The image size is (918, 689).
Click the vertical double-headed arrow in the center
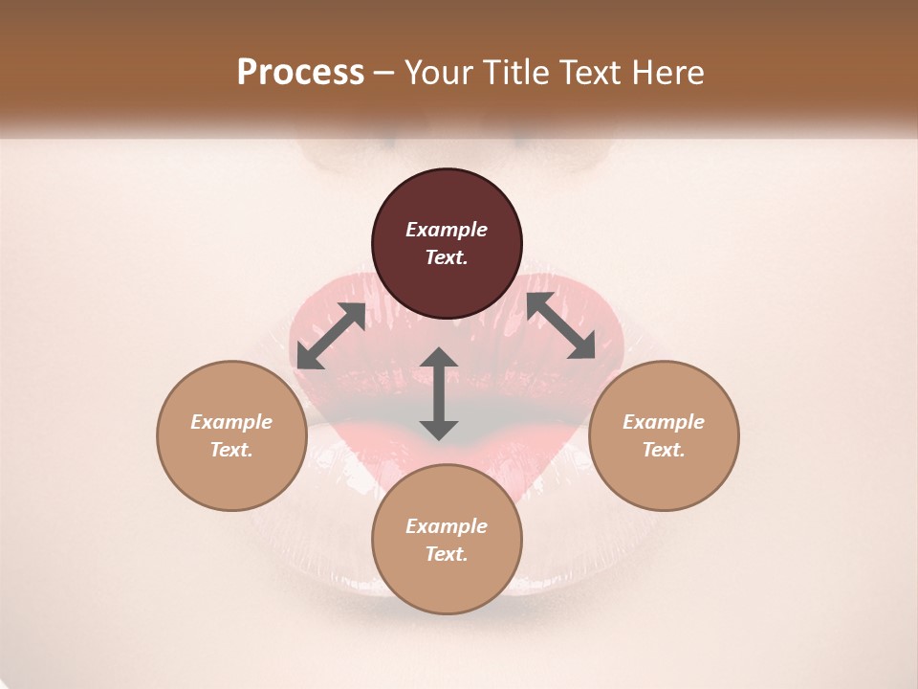pos(439,393)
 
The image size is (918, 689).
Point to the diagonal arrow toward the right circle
pos(560,325)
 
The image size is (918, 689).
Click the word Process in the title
pos(300,72)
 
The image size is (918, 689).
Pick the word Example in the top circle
pos(447,230)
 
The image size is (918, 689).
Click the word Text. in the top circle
pos(447,257)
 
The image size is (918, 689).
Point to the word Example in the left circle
pos(231,422)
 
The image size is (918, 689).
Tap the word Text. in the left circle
pos(231,450)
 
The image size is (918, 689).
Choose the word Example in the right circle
pos(664,422)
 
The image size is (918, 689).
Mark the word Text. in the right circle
pos(664,450)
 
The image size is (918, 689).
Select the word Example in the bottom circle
pos(447,526)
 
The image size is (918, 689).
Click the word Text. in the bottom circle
pos(447,554)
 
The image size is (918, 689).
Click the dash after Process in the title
pos(384,74)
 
